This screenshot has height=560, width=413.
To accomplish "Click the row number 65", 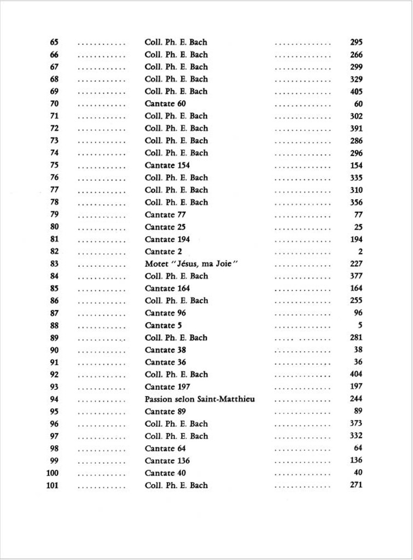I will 54,42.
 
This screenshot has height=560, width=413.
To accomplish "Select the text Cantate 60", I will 168,104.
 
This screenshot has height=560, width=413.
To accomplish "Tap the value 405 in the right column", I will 356,91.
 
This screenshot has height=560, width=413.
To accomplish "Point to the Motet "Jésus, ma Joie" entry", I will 194,264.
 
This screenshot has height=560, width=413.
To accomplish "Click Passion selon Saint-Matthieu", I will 200,399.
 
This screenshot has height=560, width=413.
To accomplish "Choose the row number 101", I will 53,485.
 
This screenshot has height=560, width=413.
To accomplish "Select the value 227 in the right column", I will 356,264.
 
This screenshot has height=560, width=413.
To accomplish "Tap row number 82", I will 54,252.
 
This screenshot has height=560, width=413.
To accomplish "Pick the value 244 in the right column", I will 356,399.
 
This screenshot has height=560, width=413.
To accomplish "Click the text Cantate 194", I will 167,239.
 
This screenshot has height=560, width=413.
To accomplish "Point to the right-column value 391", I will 356,129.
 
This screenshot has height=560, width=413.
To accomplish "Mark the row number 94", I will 54,399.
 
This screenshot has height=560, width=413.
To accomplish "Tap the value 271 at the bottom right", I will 356,485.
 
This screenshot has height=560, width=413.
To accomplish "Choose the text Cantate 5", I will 163,325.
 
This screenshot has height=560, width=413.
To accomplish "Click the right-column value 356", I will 356,202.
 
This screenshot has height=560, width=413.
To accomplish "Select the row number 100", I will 53,473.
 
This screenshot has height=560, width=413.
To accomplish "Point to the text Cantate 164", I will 167,288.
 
